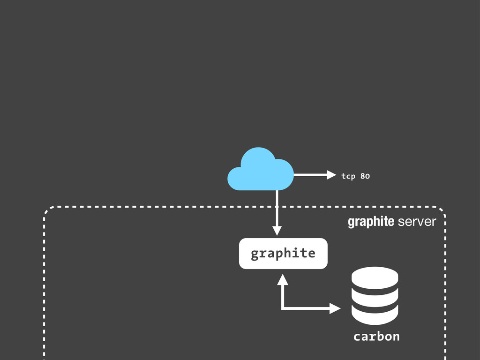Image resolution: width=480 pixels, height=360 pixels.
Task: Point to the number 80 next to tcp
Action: coord(365,176)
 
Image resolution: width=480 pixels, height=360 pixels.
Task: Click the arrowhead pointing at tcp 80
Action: coord(331,175)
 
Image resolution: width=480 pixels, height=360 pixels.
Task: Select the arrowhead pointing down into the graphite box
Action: coord(277,231)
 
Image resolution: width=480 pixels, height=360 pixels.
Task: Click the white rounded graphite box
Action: coord(283,254)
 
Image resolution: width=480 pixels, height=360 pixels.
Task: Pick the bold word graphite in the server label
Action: coord(371,222)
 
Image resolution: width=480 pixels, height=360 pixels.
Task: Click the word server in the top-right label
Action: coord(417,222)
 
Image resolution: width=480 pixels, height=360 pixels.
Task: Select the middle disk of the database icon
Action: coord(375,295)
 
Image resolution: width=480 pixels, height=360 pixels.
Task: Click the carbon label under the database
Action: coord(376,337)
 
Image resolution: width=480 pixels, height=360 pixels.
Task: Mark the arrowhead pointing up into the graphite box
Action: coord(282,279)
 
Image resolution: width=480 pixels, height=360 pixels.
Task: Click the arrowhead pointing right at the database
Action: coord(335,308)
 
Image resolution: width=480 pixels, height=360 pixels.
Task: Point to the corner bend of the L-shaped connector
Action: coord(282,308)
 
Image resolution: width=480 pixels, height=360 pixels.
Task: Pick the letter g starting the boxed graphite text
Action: coord(255,254)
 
